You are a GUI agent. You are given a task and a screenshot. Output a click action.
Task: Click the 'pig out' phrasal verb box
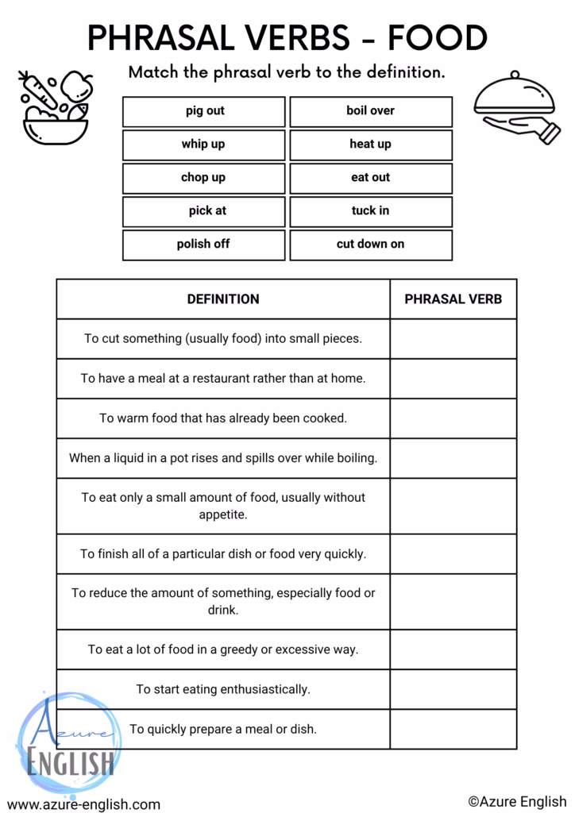coord(203,111)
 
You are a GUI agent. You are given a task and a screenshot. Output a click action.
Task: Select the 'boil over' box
coord(370,111)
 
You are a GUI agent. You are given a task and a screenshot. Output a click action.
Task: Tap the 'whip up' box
coord(203,144)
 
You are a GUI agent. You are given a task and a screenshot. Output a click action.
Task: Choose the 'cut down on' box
coord(370,245)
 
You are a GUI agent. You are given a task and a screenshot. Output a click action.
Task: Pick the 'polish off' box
coord(203,245)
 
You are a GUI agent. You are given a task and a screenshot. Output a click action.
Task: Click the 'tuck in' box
coord(370,211)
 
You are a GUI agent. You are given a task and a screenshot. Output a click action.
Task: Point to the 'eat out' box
coord(370,178)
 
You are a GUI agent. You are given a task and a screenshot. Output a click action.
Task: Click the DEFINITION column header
coord(223,299)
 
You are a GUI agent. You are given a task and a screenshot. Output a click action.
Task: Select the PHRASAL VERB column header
coord(453,299)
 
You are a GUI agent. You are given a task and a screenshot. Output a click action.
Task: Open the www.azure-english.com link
coord(83,803)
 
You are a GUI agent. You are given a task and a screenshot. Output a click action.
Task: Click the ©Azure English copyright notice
coord(517,801)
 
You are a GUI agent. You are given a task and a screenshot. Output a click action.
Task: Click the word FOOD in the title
coord(438,38)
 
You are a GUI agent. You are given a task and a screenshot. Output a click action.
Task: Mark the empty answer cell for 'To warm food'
coord(453,418)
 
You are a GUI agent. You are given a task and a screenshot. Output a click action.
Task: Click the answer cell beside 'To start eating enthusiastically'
coord(453,689)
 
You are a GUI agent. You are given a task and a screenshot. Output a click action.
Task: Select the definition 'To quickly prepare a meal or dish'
coord(223,729)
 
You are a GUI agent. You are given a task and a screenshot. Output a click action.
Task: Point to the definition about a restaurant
coord(223,379)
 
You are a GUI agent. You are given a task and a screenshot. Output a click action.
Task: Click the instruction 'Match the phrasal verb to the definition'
coord(287,72)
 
